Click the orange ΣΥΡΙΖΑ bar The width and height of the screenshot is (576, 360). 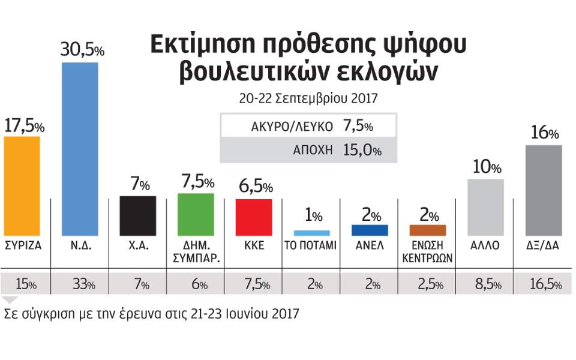22,186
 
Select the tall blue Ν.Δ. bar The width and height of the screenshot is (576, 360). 80,149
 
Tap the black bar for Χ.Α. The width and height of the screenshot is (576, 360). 139,216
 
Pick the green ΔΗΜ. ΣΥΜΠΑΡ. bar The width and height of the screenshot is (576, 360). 196,214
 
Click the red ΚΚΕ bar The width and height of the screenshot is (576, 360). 254,217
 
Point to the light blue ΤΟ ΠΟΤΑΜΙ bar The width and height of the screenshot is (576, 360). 311,232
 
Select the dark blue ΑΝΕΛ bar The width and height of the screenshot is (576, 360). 370,230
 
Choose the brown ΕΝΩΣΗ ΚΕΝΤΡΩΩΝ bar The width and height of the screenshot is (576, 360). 428,230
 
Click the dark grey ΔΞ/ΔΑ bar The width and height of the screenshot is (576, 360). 544,190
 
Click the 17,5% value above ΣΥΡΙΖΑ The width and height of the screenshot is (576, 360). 24,127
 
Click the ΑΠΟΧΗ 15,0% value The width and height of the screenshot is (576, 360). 362,150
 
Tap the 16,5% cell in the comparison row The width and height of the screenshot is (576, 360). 545,284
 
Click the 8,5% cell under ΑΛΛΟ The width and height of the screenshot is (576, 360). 486,284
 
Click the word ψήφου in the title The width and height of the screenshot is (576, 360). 422,45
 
